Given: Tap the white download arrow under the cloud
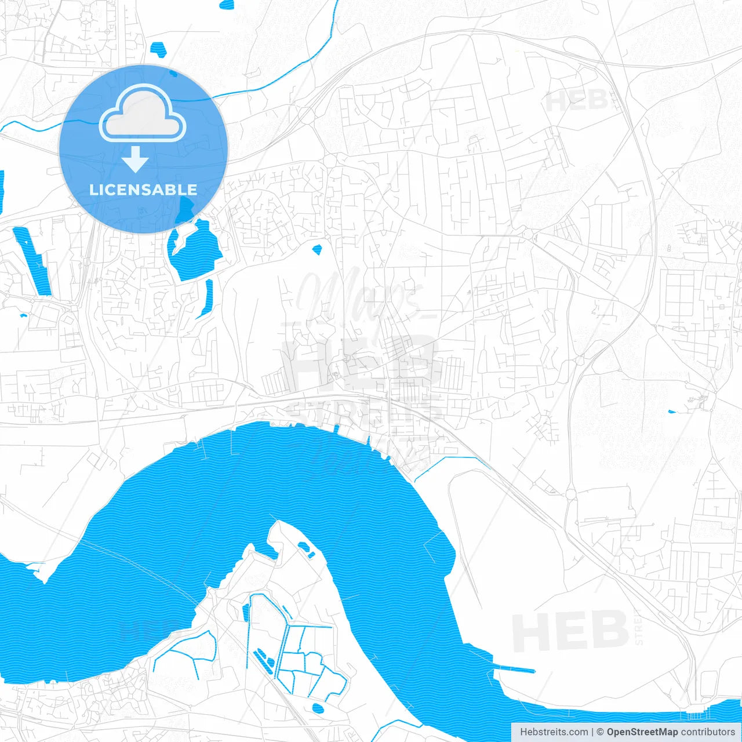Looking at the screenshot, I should tap(135, 159).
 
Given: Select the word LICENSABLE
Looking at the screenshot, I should tap(143, 190).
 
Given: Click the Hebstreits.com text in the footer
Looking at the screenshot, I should tap(554, 732).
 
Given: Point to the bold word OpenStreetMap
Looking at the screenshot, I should tap(642, 732).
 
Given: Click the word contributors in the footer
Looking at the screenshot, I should tap(708, 732).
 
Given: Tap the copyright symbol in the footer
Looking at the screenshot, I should tap(600, 732).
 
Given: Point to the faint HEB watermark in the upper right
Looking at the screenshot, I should tap(577, 101).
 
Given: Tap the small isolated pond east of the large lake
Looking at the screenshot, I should tap(317, 250).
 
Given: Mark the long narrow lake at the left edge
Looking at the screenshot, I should tap(32, 261).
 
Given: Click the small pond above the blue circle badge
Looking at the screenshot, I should tap(157, 49).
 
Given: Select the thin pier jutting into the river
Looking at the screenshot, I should tap(513, 669).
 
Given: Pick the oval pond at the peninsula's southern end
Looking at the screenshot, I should tap(318, 708).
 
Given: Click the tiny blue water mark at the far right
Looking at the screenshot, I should tap(672, 412).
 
